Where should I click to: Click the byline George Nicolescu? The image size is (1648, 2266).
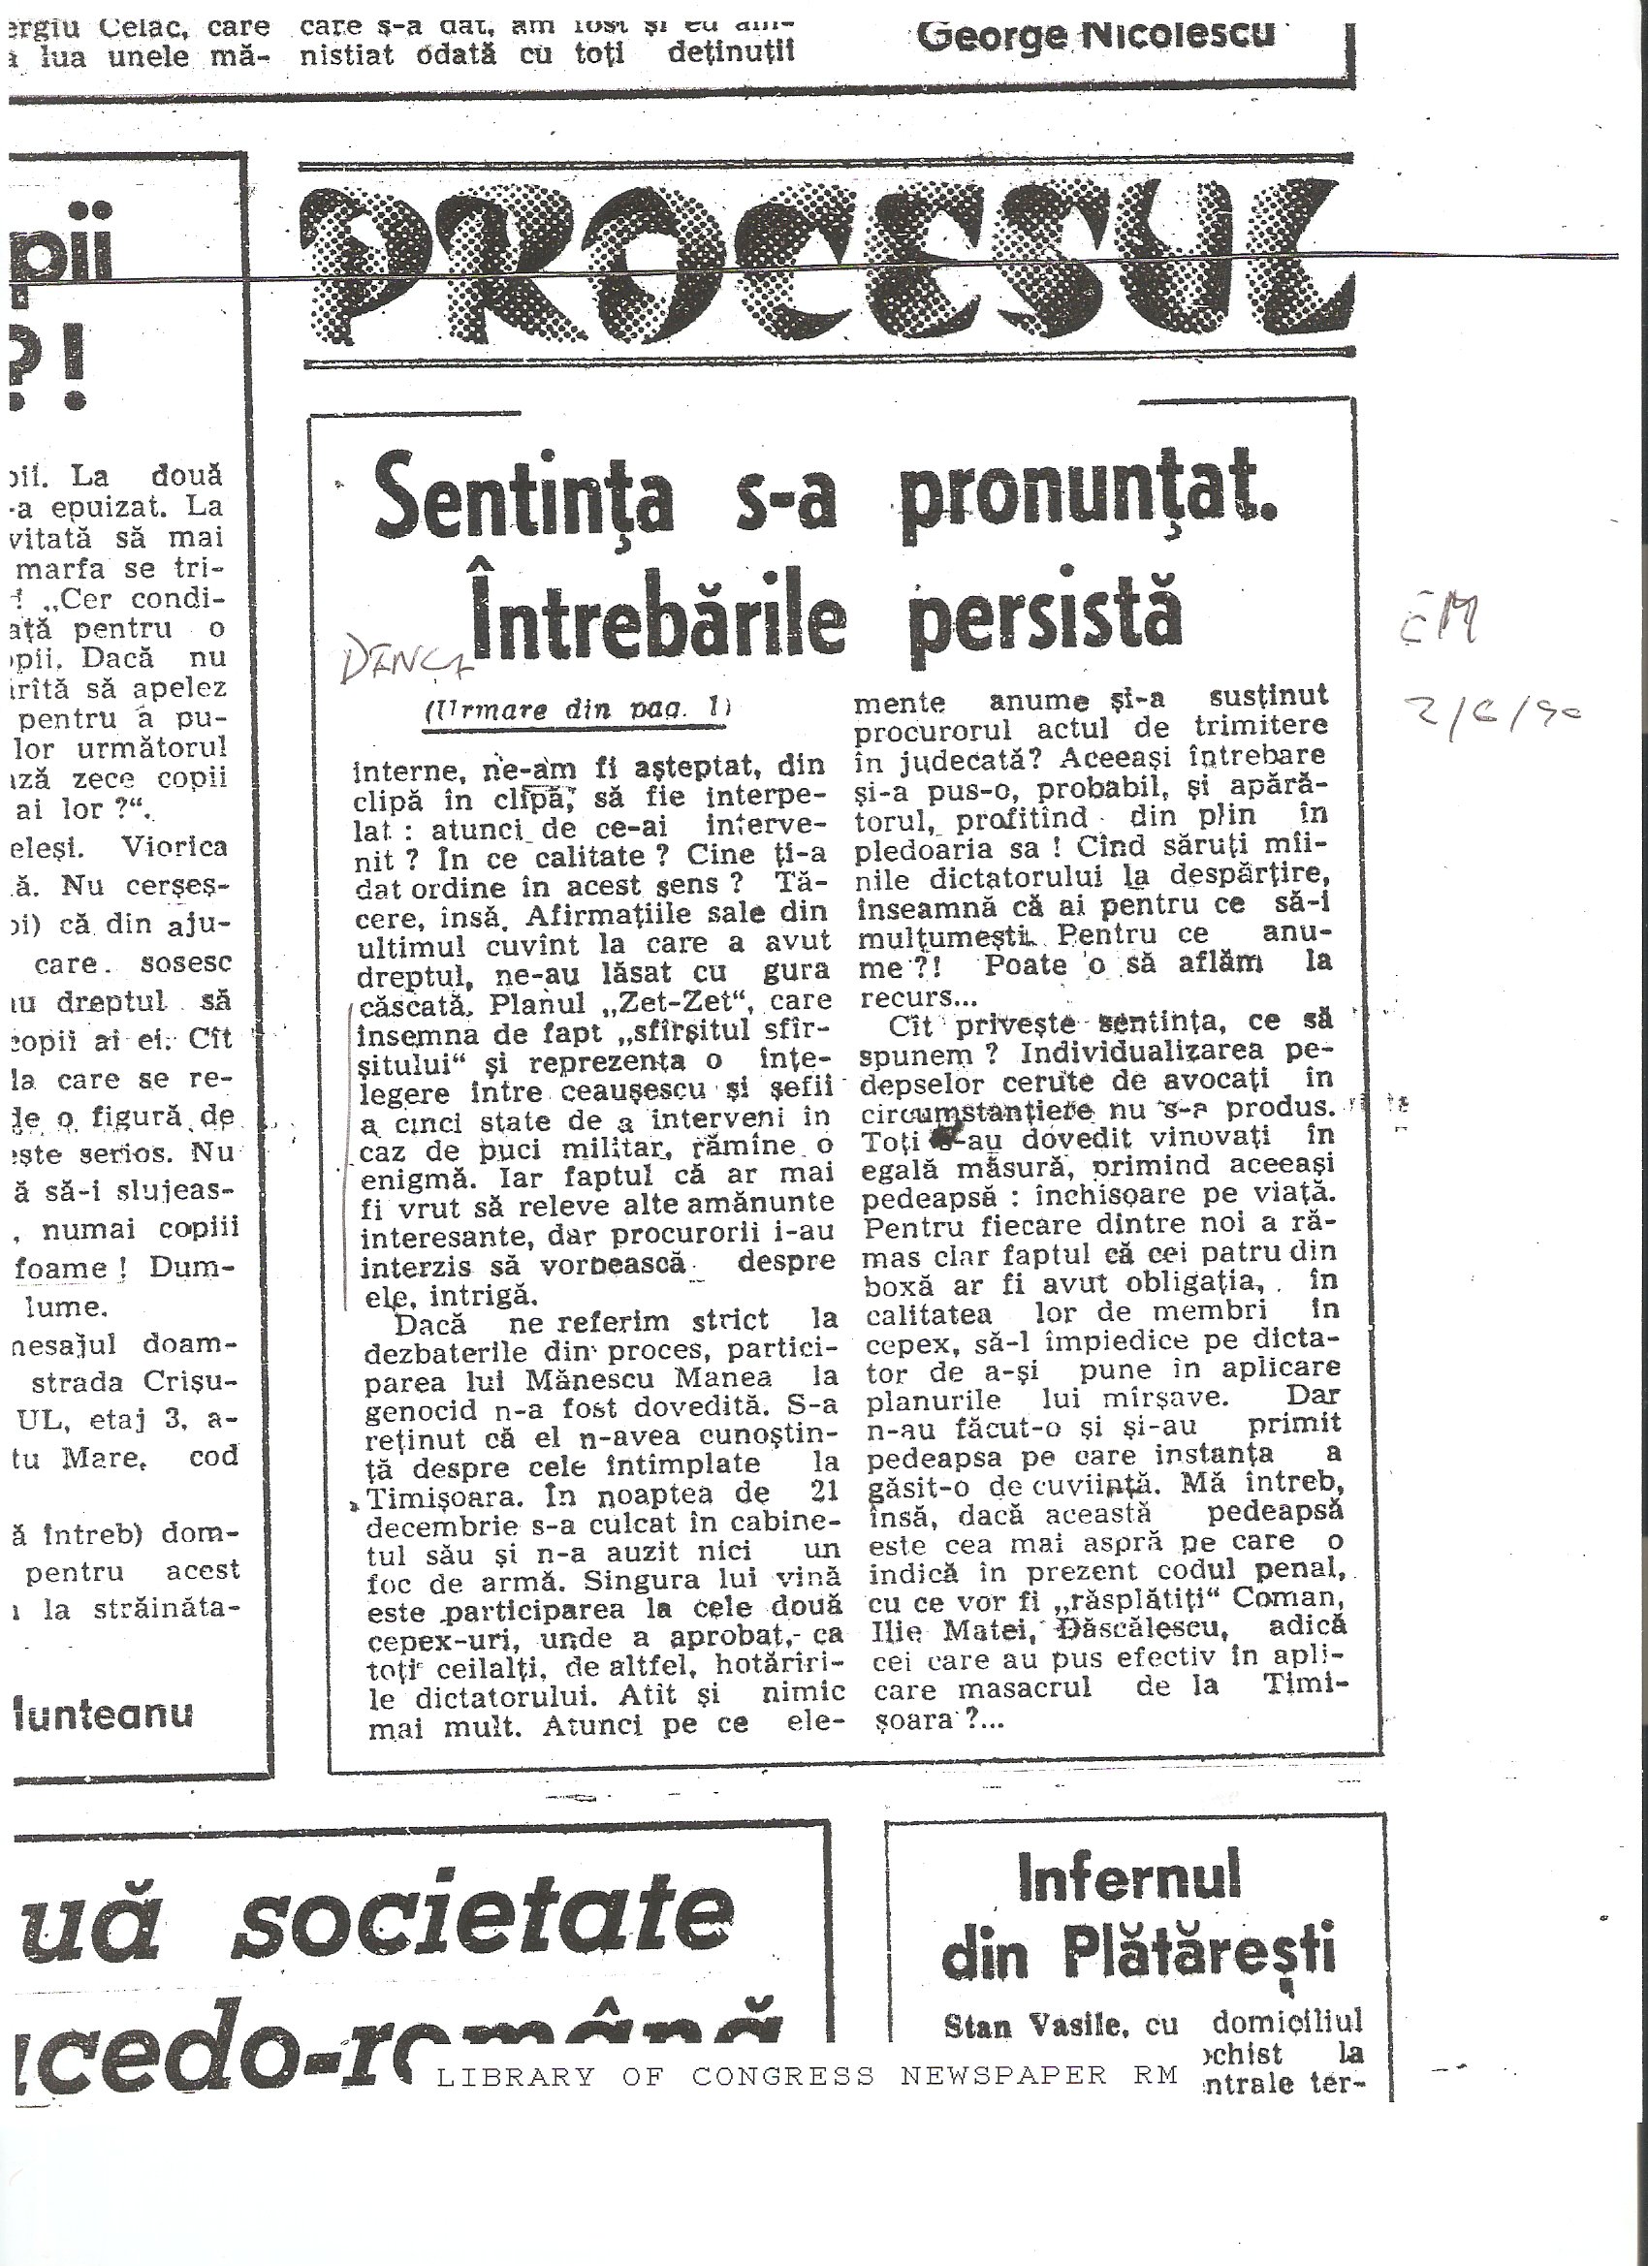pyautogui.click(x=1095, y=35)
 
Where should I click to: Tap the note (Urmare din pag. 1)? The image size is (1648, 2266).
pyautogui.click(x=578, y=709)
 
